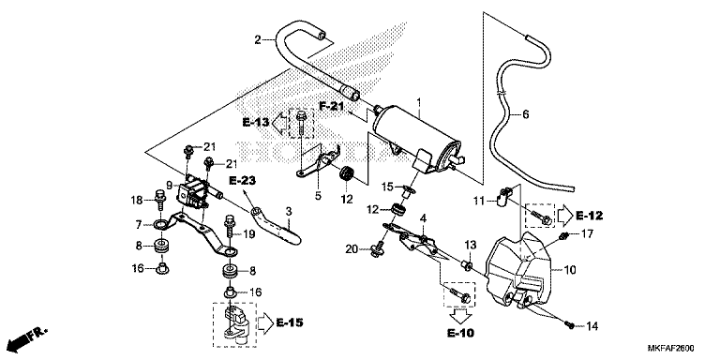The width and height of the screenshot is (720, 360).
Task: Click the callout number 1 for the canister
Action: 418,99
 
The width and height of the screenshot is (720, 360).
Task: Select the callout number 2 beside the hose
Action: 258,40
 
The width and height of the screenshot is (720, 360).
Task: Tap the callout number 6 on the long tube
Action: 526,114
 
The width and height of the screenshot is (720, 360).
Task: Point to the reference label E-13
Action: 256,123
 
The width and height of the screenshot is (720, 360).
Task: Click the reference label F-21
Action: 332,107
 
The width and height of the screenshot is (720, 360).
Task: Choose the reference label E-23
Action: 242,181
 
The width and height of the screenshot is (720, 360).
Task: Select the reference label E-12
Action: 589,215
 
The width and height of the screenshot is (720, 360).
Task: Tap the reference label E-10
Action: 460,333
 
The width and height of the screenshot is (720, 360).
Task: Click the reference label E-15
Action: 290,322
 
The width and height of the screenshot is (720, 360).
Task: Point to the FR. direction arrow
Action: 27,339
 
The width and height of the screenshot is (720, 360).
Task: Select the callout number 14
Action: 592,326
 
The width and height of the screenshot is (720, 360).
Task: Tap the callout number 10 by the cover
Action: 569,270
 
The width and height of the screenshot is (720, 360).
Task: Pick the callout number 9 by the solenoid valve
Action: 170,186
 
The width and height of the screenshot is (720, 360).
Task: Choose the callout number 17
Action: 587,234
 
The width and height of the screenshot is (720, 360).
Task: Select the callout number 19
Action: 248,234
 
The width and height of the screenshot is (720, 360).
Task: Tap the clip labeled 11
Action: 503,195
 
